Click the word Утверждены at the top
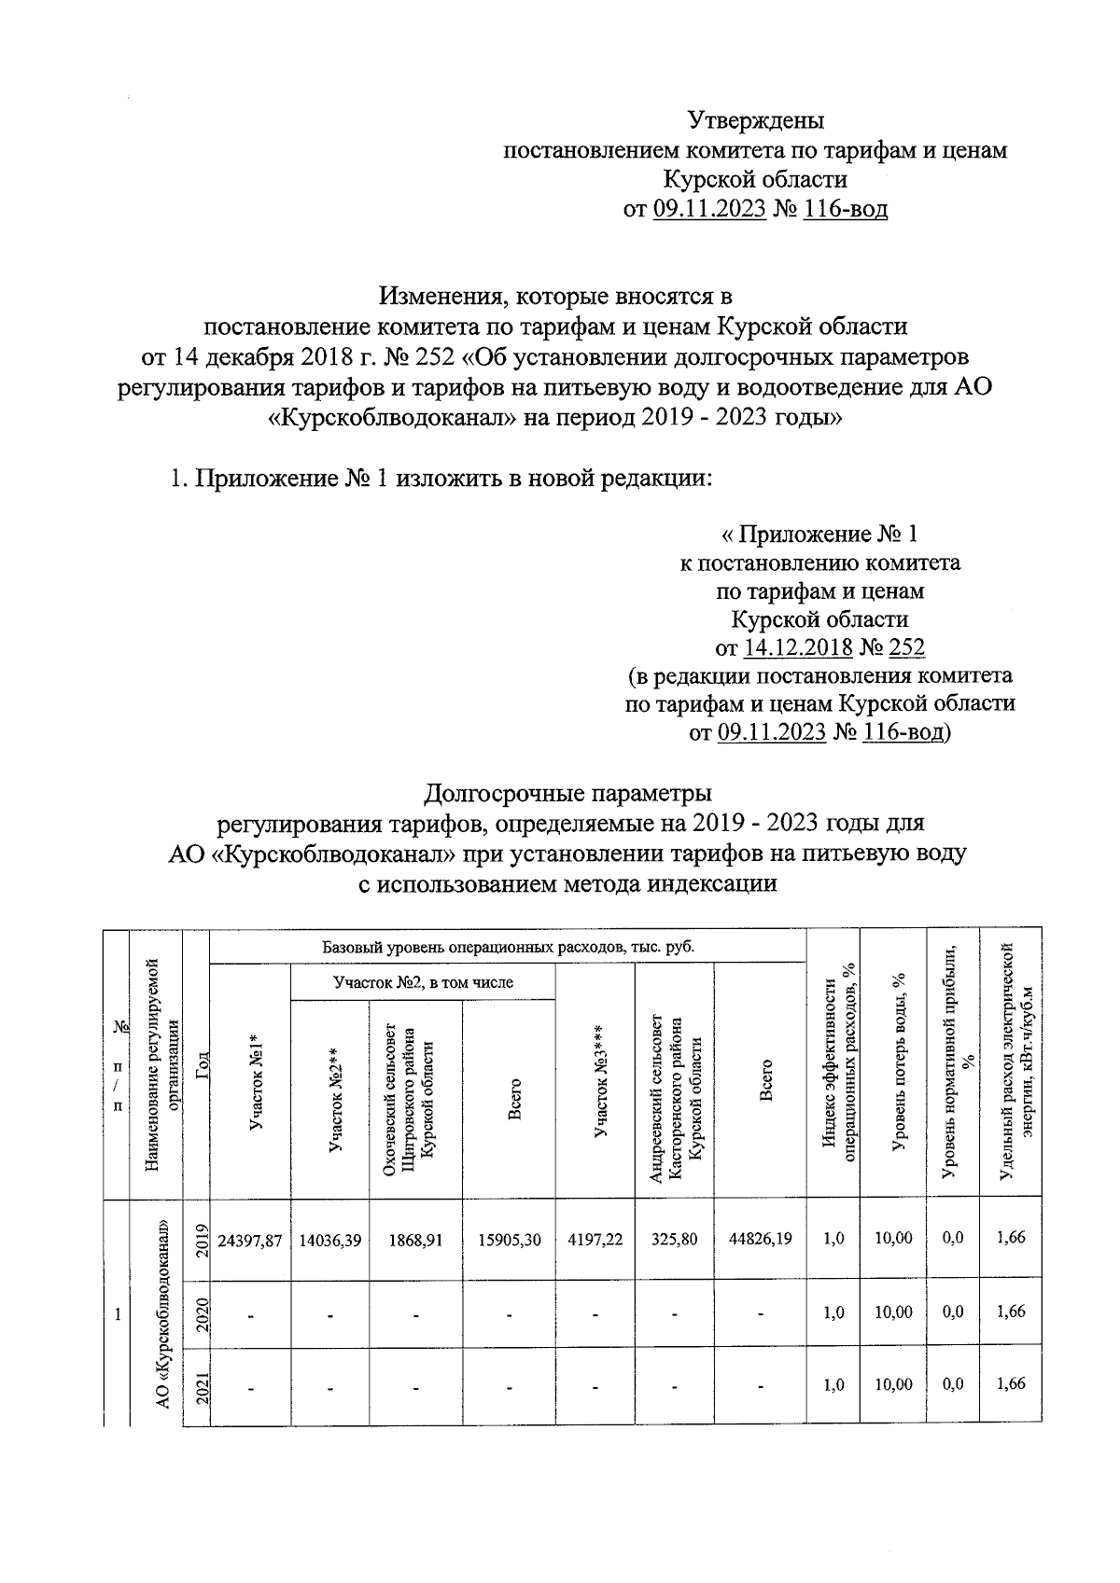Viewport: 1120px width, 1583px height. pos(756,121)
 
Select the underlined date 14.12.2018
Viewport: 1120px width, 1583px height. pos(797,647)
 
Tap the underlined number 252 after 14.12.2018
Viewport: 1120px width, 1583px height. pos(906,647)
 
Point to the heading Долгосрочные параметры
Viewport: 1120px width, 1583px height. pos(567,794)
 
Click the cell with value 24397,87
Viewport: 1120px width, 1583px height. pos(249,1239)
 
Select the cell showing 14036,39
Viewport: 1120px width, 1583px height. pos(329,1239)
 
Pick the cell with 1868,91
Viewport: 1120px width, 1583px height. pos(415,1239)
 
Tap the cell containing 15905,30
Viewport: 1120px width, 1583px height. pos(509,1239)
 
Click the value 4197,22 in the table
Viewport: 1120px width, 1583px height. pos(595,1239)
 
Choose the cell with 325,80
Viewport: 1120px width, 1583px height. pos(674,1239)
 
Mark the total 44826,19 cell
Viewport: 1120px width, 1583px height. pos(761,1239)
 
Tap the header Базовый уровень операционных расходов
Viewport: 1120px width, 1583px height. pos(509,947)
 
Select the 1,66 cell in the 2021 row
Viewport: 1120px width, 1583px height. pos(1011,1383)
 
